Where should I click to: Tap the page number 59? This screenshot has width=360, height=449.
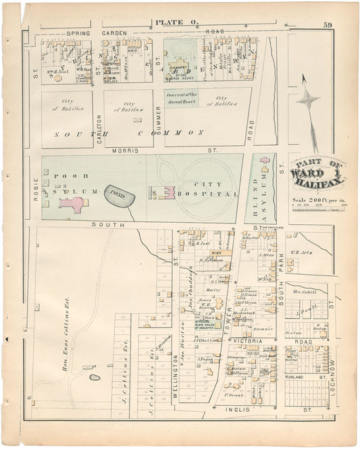(x=327, y=26)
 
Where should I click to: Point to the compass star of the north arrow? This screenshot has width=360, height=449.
(x=307, y=101)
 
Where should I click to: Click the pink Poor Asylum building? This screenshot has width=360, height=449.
(x=71, y=204)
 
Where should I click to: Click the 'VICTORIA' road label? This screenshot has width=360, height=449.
(x=249, y=341)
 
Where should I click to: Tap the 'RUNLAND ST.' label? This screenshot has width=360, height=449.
(x=301, y=376)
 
